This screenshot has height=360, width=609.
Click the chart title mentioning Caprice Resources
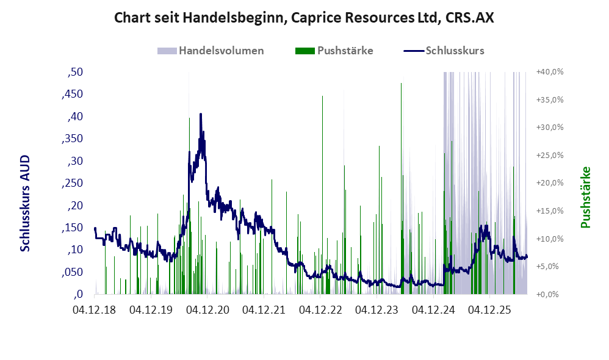pos(304,18)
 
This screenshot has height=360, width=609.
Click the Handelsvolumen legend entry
pos(211,51)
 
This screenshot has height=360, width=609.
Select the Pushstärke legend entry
pos(334,51)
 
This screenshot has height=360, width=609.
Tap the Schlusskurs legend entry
pos(444,51)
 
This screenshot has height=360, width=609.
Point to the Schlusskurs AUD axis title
pos(25,203)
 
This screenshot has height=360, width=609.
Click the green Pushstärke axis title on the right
pos(585,197)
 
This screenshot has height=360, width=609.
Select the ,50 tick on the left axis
pos(75,72)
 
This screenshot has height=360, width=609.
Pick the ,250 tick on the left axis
pos(72,183)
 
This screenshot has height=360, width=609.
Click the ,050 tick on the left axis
pos(72,272)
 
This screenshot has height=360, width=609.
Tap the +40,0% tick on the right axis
pos(550,72)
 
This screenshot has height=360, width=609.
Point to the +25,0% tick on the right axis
pos(550,156)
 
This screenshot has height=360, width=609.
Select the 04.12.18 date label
pos(94,310)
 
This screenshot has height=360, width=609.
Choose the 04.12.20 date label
pos(207,310)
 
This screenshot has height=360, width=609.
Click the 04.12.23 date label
pos(377,310)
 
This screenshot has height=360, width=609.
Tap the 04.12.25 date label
pos(490,310)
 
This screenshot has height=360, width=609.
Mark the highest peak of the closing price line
pos(200,113)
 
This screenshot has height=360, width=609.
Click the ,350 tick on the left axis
pos(72,139)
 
